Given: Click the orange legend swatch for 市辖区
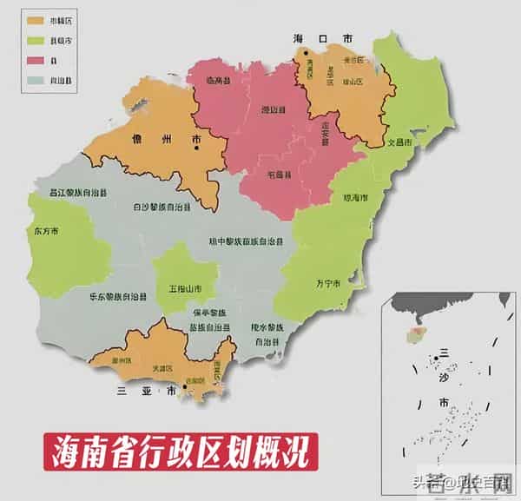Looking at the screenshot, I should pos(36,18).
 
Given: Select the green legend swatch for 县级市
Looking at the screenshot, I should pos(36,39).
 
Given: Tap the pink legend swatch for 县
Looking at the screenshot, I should pos(36,60).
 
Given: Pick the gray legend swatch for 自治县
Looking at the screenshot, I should pos(36,81).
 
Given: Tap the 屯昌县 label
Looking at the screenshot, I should pos(279,175).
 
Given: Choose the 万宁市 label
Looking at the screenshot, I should pos(328,283).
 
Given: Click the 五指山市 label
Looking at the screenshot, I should pos(185,287).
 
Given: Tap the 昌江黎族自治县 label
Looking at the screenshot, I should pos(77,192).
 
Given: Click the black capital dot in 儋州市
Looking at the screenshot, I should pos(199,148).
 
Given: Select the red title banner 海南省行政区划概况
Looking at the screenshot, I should pos(181,452).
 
